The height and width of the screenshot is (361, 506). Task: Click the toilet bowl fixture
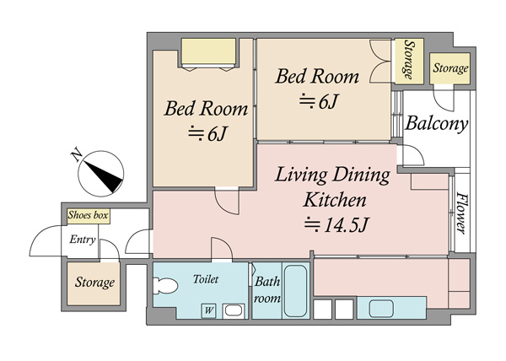pyautogui.click(x=165, y=285)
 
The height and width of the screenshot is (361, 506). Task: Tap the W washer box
pyautogui.click(x=209, y=310)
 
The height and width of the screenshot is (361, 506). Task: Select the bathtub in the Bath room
pyautogui.click(x=295, y=291)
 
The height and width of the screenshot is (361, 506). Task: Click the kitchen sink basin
pyautogui.click(x=381, y=309)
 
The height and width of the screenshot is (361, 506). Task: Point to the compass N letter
pyautogui.click(x=77, y=155)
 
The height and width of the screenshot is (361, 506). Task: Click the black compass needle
pyautogui.click(x=104, y=176)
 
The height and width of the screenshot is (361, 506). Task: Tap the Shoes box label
pyautogui.click(x=88, y=215)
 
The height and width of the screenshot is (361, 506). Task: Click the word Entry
pyautogui.click(x=83, y=240)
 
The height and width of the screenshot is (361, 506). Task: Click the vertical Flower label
pyautogui.click(x=461, y=213)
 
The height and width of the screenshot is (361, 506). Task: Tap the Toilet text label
pyautogui.click(x=206, y=279)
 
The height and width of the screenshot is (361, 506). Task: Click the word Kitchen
pyautogui.click(x=335, y=200)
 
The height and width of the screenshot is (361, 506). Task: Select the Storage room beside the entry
pyautogui.click(x=94, y=284)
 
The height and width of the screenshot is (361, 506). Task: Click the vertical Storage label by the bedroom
pyautogui.click(x=409, y=60)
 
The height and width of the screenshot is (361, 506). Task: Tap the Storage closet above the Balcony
pyautogui.click(x=449, y=68)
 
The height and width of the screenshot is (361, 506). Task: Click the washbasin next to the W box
pyautogui.click(x=234, y=311)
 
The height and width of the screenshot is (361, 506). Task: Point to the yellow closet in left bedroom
pyautogui.click(x=208, y=51)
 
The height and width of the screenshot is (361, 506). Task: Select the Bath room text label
pyautogui.click(x=266, y=290)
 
